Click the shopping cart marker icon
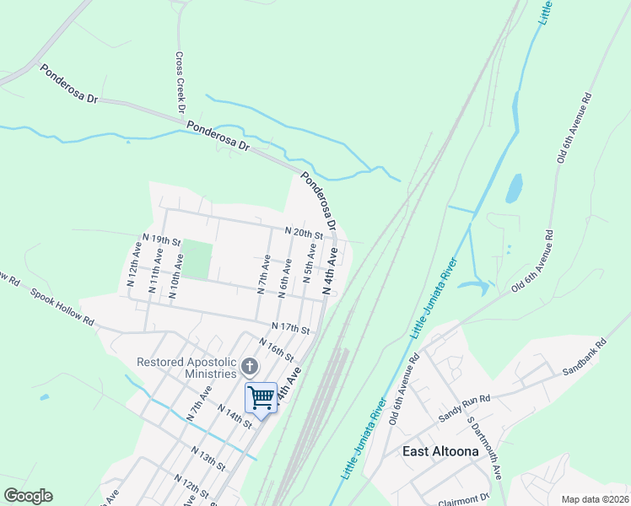262,397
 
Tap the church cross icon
250,367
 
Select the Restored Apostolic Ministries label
186,368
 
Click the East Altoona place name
440,451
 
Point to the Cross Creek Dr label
180,83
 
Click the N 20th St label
304,232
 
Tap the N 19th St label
162,240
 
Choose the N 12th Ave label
135,266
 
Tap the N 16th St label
277,348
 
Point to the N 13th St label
208,460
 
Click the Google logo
28,496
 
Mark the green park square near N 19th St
196,260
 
